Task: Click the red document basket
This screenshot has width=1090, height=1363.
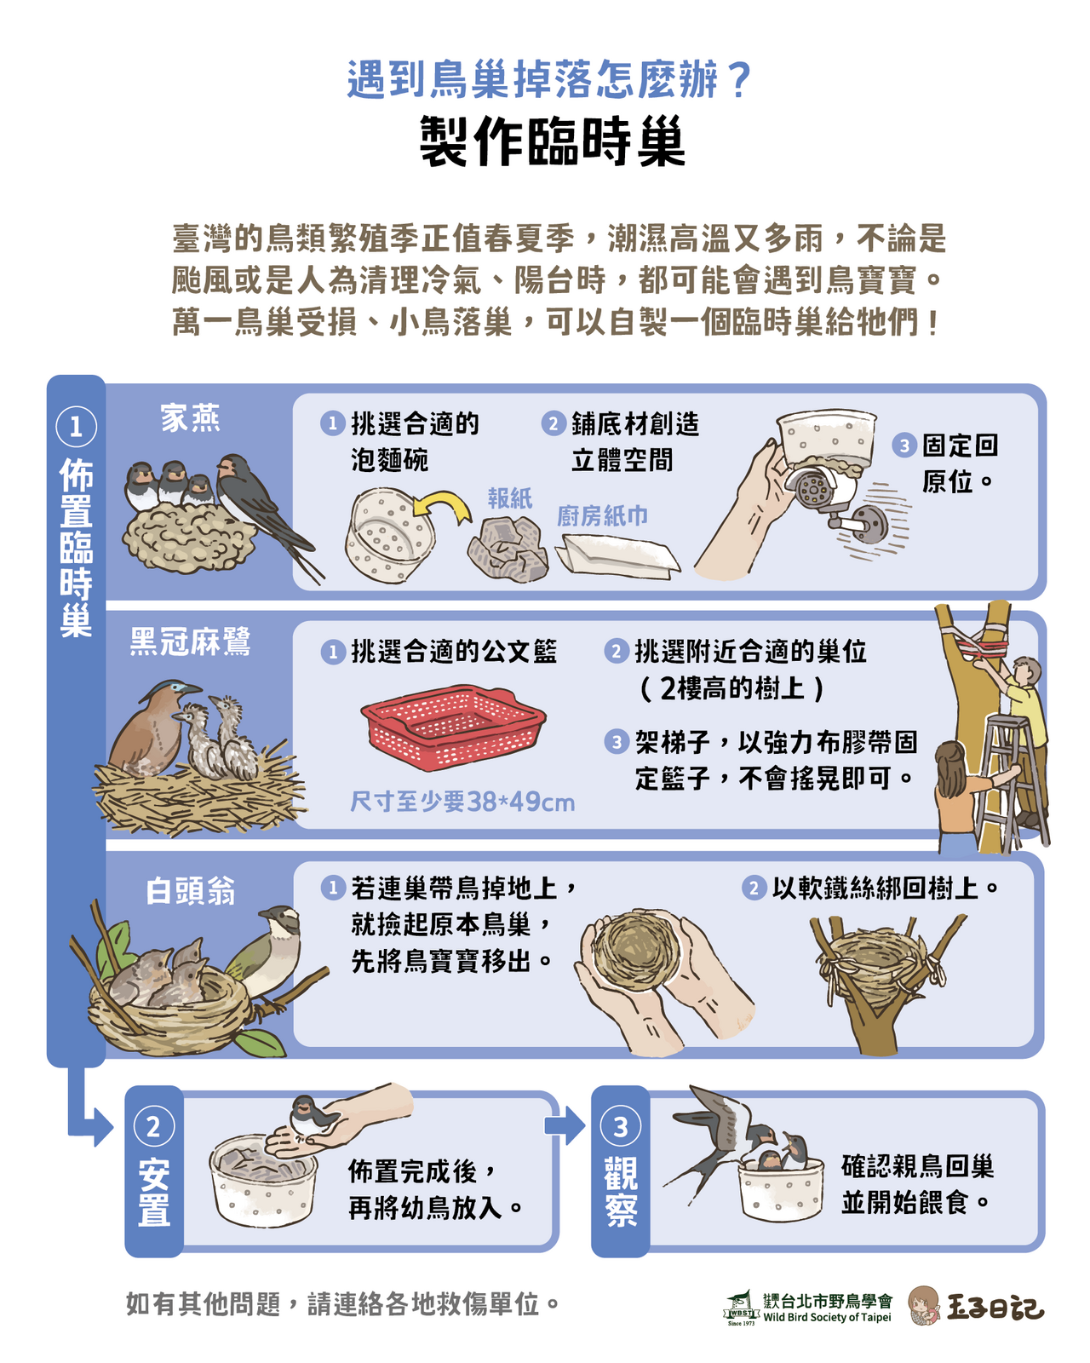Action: pos(453,727)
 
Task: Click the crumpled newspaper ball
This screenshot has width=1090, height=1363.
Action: pos(508,549)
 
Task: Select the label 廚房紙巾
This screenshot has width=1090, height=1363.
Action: pos(602,515)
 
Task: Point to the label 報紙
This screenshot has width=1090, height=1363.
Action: pos(510,497)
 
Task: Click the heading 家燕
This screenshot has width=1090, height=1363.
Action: pos(190,418)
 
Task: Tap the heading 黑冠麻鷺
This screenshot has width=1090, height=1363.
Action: pos(190,641)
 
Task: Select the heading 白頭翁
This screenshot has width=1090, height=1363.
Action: pos(190,891)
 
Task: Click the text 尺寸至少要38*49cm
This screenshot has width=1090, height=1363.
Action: pos(462,802)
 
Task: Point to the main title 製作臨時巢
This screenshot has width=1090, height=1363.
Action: pos(553,141)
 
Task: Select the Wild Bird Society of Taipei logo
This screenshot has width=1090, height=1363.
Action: pos(808,1308)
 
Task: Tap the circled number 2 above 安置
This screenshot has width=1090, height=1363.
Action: pos(154,1127)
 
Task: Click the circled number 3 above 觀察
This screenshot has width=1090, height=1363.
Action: pos(621,1127)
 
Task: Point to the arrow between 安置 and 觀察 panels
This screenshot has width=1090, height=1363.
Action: pos(565,1125)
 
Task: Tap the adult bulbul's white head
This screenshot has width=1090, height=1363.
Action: pos(283,917)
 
